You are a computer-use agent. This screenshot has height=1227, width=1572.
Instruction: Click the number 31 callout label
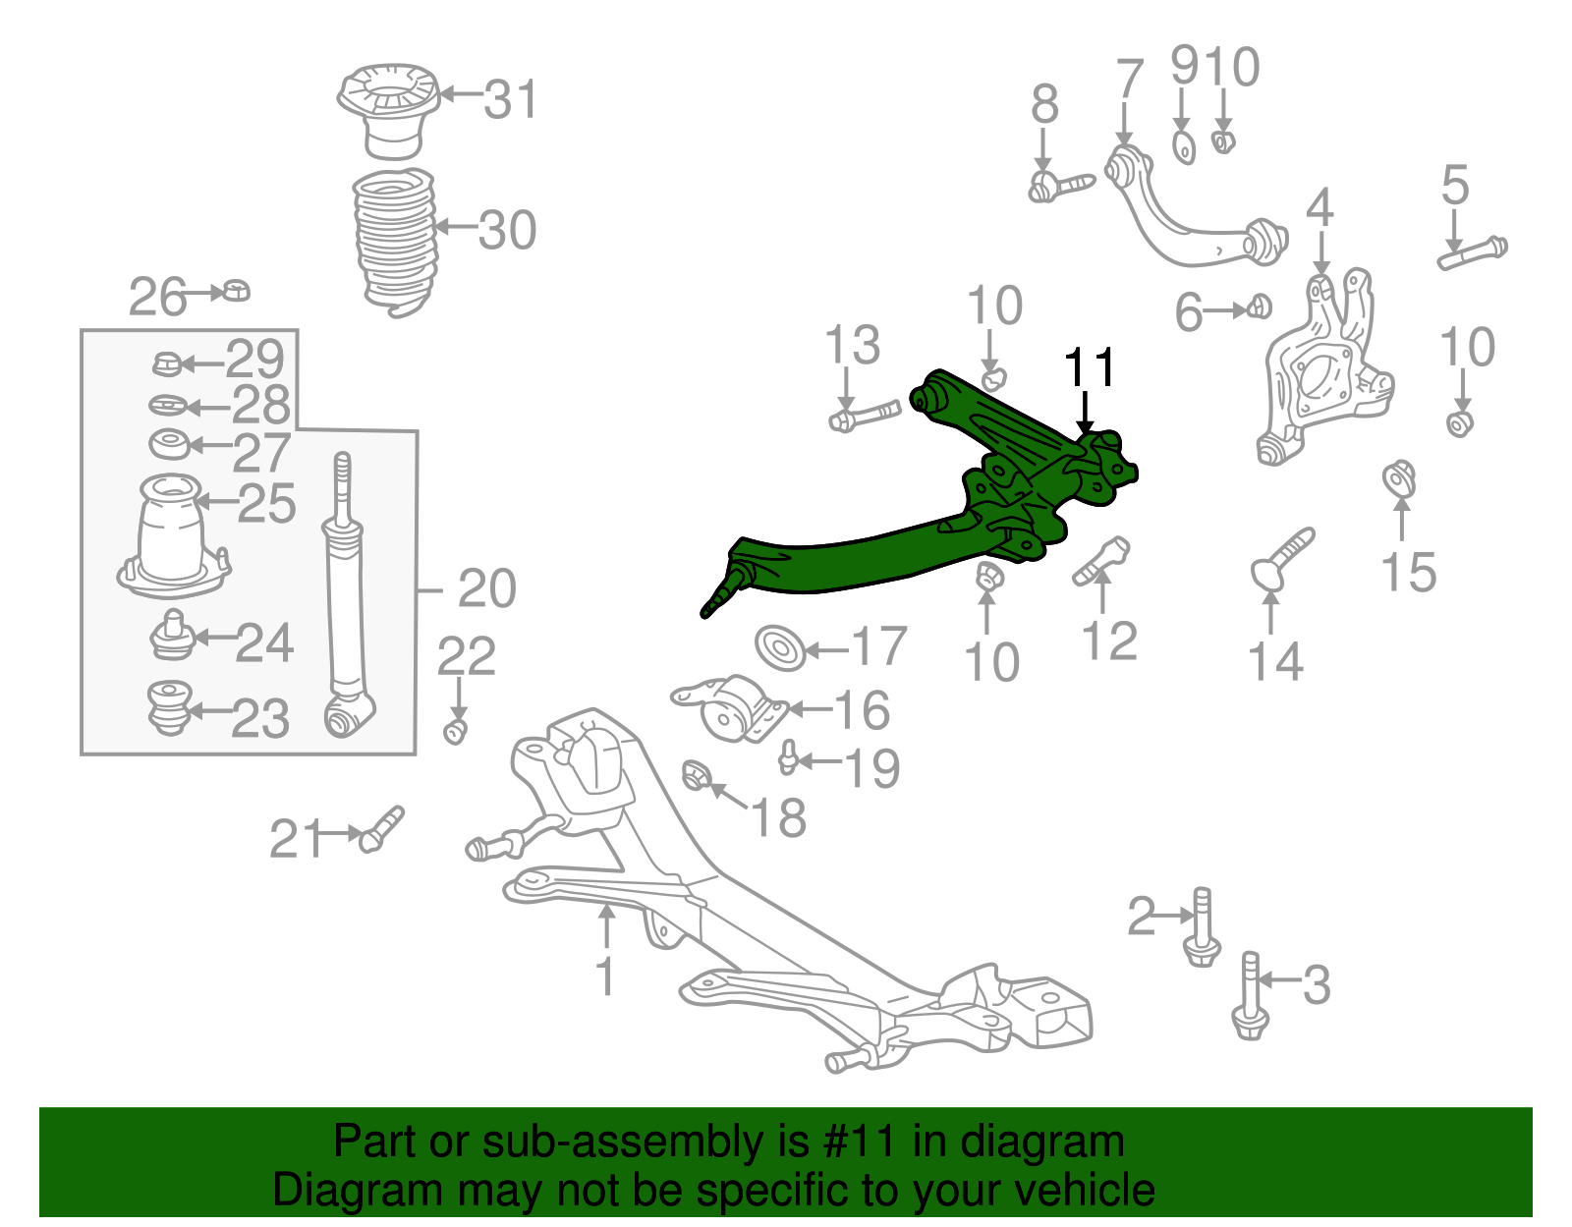pyautogui.click(x=511, y=99)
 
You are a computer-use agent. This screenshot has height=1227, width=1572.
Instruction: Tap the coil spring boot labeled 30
pyautogui.click(x=393, y=241)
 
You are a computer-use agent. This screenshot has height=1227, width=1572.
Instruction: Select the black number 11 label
pyautogui.click(x=1090, y=367)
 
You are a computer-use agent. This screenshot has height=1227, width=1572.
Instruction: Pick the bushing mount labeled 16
pyautogui.click(x=732, y=709)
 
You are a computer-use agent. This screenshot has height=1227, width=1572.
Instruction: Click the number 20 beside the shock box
pyautogui.click(x=486, y=588)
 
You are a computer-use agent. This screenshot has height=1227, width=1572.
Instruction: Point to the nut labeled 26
pyautogui.click(x=237, y=291)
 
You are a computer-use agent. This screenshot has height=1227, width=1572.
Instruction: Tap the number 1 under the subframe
pyautogui.click(x=605, y=976)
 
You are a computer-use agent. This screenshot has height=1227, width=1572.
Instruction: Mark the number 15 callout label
pyautogui.click(x=1408, y=572)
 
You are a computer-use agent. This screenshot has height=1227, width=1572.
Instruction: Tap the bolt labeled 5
pyautogui.click(x=1472, y=251)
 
